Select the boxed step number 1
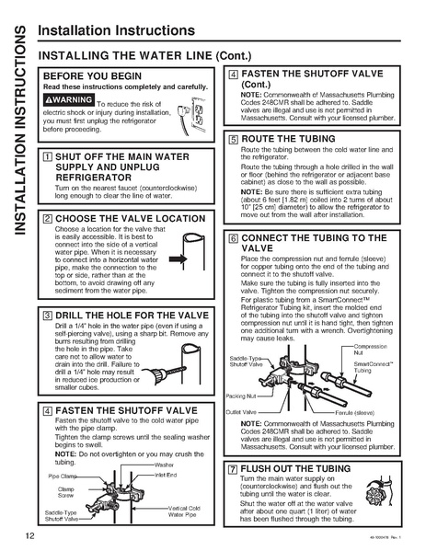(x=48, y=158)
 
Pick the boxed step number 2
(x=48, y=218)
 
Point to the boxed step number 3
(x=48, y=315)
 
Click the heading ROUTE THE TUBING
(x=292, y=137)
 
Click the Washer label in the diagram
(x=166, y=465)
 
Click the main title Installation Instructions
(x=116, y=30)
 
